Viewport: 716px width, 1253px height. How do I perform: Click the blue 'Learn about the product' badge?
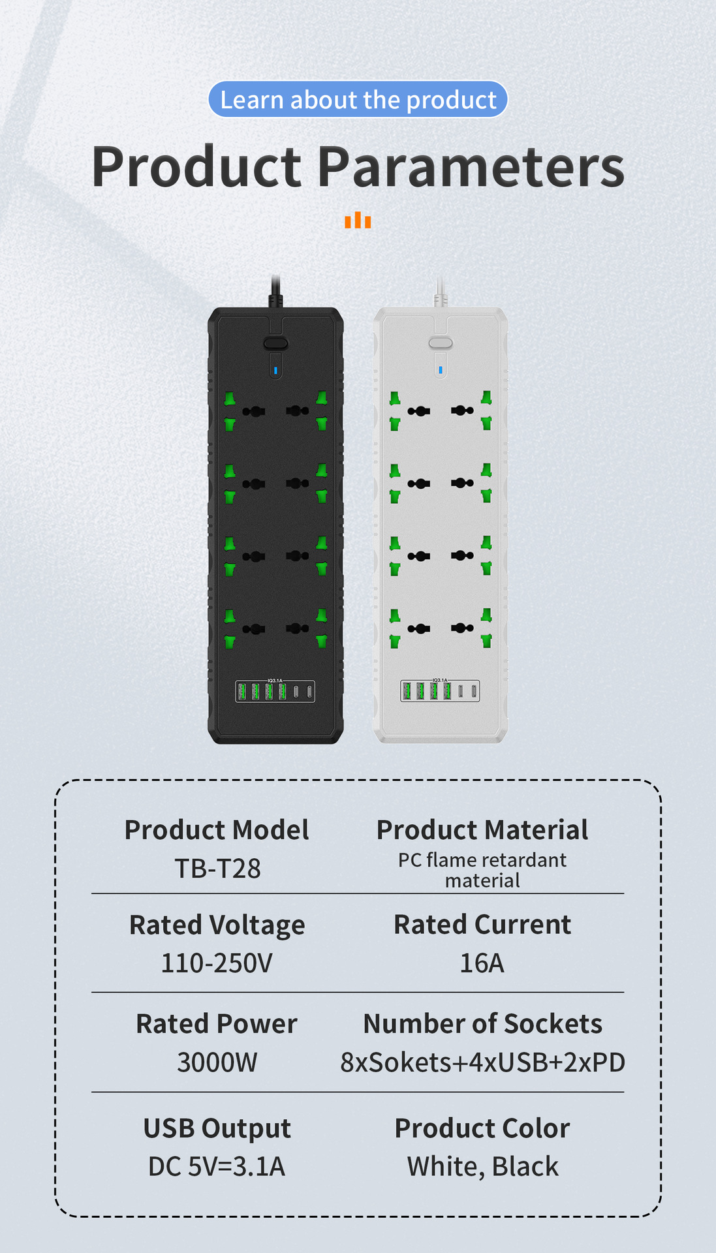pos(358,99)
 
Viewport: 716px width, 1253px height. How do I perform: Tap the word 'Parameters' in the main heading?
pos(471,167)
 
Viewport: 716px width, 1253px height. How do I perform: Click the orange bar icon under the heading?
pos(358,220)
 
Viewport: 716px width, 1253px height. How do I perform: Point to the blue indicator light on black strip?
pos(275,370)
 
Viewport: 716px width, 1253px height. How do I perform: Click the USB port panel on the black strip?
pos(275,691)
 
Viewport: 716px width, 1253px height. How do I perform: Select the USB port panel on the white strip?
pos(440,691)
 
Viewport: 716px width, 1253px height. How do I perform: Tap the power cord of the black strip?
pos(276,291)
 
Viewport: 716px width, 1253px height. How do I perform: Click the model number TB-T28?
pos(217,869)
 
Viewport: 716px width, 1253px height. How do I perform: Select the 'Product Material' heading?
pos(482,830)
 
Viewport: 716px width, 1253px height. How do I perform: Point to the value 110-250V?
pos(217,963)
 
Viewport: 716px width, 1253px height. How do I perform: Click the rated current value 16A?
pos(482,963)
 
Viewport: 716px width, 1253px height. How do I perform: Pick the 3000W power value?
pos(217,1062)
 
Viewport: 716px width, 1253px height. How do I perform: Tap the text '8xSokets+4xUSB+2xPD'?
pos(482,1062)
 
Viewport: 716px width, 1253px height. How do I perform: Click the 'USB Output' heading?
pos(217,1129)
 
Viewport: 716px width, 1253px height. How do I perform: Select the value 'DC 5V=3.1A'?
pos(217,1167)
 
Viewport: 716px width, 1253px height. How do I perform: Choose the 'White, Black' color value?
pos(482,1167)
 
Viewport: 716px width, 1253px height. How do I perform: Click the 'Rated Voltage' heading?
pos(217,925)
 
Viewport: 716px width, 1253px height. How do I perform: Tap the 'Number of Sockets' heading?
pos(482,1024)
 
